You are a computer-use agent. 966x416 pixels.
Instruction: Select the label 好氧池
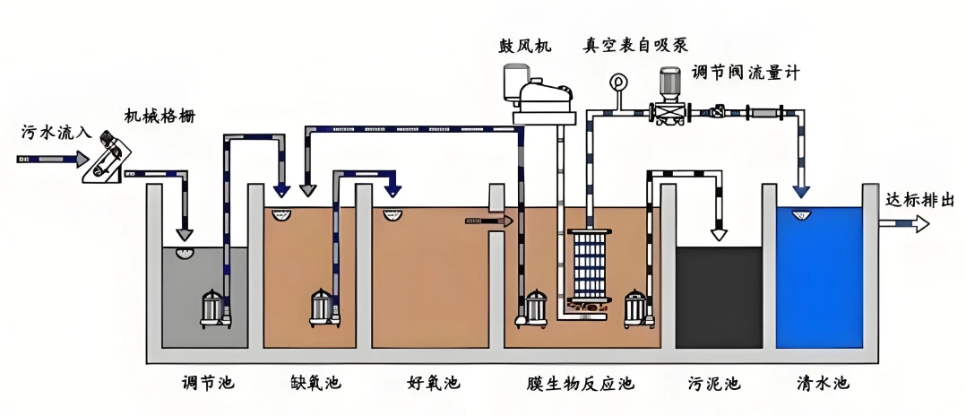[x=433, y=384]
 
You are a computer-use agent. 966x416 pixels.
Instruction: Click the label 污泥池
[x=714, y=384]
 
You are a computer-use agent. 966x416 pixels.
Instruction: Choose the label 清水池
[x=823, y=384]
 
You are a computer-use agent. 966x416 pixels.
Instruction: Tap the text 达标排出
[x=919, y=200]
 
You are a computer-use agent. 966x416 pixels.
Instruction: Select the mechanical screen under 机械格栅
[x=109, y=159]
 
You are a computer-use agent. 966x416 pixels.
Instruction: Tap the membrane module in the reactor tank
[x=590, y=266]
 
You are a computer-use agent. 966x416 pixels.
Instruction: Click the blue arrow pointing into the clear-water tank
[x=801, y=191]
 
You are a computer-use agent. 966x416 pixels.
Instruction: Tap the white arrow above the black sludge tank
[x=719, y=234]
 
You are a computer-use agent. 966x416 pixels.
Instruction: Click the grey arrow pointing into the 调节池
[x=185, y=235]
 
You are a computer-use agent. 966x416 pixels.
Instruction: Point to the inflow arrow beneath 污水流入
[x=53, y=160]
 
